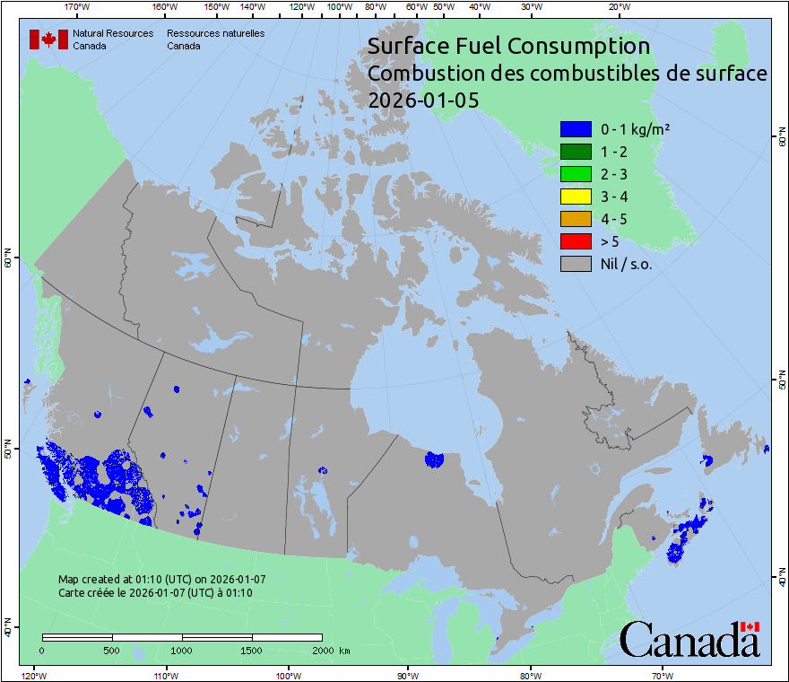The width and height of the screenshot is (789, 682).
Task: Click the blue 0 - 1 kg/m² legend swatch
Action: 575,129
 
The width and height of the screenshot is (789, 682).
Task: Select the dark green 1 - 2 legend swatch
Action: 575,152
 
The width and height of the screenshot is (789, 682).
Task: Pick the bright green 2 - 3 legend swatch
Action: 575,174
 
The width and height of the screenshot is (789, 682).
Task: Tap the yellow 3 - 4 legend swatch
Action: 575,197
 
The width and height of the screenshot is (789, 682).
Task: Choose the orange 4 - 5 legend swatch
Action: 575,219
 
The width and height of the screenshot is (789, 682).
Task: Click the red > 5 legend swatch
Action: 575,241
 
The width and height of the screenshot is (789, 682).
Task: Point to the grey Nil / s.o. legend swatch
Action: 575,264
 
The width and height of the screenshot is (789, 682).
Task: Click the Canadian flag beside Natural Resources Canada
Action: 48,39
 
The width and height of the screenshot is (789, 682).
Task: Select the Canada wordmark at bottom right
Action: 689,640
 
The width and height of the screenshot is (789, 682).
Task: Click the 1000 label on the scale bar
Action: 182,650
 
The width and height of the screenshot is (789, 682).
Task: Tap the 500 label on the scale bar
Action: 112,650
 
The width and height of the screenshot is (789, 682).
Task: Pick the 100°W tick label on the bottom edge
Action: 288,675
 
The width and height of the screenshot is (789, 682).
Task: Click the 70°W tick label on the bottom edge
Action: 663,675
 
